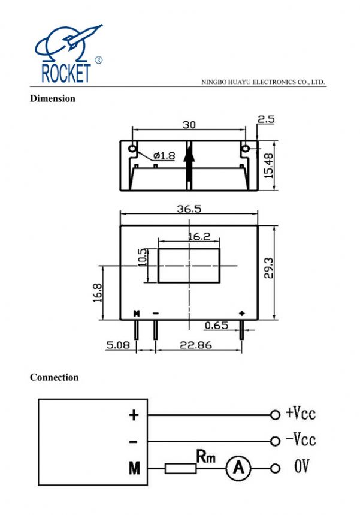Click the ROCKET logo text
pos(66,73)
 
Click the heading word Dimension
pos(53,98)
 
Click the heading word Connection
pos(54,377)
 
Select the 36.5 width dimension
pos(189,209)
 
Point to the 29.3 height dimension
pos(269,267)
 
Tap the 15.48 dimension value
pos(269,166)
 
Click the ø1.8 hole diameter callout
pos(164,155)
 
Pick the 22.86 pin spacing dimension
pos(196,345)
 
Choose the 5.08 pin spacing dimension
pos(118,345)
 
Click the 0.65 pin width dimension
pos(216,326)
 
